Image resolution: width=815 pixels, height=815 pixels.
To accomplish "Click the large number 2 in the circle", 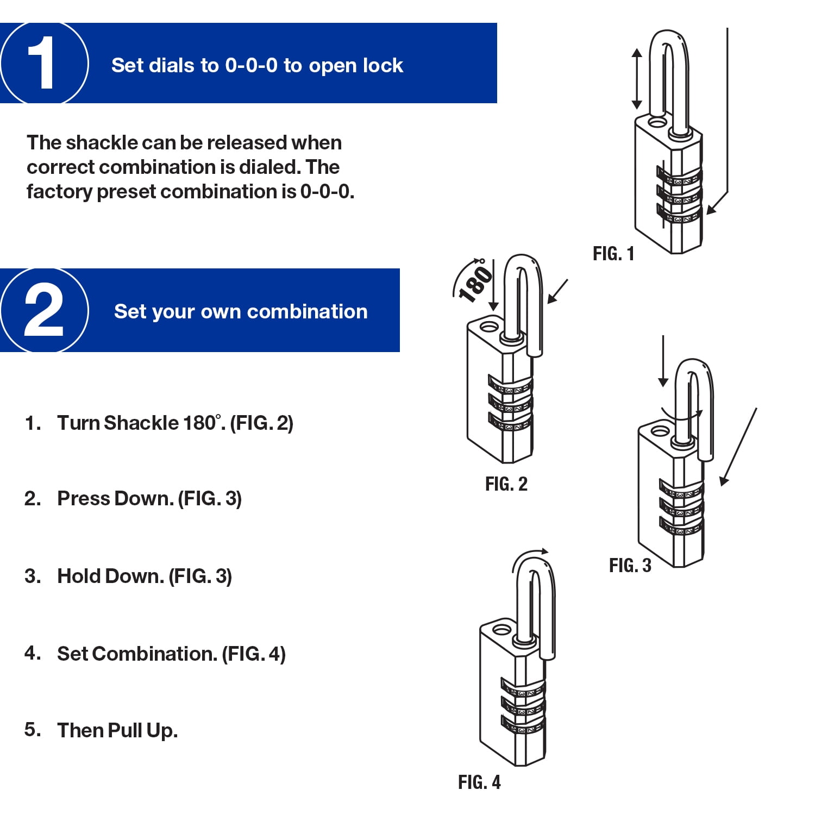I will click(x=43, y=310).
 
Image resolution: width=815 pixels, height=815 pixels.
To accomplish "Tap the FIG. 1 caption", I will click(x=613, y=254).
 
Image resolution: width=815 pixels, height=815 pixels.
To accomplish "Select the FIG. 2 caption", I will click(x=506, y=484).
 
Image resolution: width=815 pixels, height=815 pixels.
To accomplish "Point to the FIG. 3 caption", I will click(x=630, y=566).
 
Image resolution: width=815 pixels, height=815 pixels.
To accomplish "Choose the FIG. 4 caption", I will click(x=479, y=782).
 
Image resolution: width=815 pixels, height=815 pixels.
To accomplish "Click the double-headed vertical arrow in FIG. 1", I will click(x=637, y=79).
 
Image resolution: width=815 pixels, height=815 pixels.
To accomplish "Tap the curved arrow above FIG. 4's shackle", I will click(x=530, y=557).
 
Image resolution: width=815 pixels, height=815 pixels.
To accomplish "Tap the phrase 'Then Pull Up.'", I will click(x=117, y=730).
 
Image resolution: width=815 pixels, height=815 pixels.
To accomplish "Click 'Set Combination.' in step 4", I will click(x=137, y=654).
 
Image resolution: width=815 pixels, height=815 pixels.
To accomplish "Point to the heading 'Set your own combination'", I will click(x=241, y=311).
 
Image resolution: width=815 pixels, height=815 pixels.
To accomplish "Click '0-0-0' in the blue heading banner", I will click(x=251, y=65).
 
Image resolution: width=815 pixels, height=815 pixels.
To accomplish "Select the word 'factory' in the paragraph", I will click(x=59, y=192).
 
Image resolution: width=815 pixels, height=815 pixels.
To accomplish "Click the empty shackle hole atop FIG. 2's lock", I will click(x=488, y=327).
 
